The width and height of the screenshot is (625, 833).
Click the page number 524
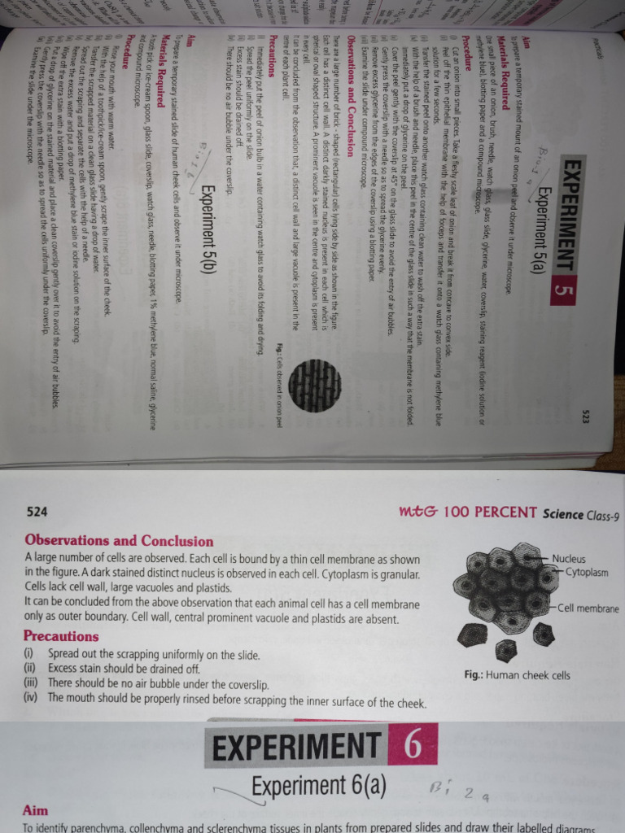[x=37, y=513]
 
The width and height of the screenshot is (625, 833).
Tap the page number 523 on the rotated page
[x=585, y=417]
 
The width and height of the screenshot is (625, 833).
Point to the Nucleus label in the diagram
[x=568, y=559]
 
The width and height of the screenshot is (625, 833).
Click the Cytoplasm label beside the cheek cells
[x=587, y=572]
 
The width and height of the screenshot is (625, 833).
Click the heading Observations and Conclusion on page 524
[x=119, y=541]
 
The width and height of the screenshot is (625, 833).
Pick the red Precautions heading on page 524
[x=62, y=636]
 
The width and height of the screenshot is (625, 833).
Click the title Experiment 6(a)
[x=318, y=787]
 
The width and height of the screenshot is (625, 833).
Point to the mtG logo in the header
[x=420, y=513]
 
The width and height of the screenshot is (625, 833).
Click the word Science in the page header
[x=562, y=513]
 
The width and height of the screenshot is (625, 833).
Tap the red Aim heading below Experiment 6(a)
[x=36, y=810]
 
